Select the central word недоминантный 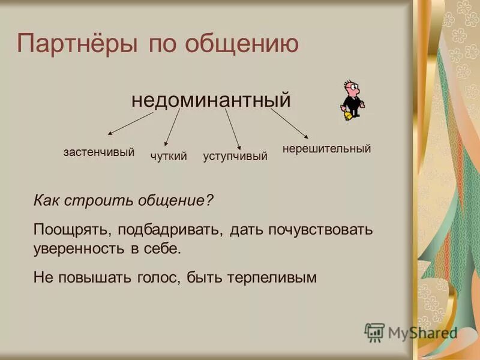[x=211, y=99]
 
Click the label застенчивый [x=98, y=152]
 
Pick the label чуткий [x=169, y=157]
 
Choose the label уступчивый [x=235, y=157]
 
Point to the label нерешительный [x=326, y=148]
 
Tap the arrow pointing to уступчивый [x=233, y=128]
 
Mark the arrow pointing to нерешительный [x=289, y=124]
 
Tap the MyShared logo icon [x=374, y=332]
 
